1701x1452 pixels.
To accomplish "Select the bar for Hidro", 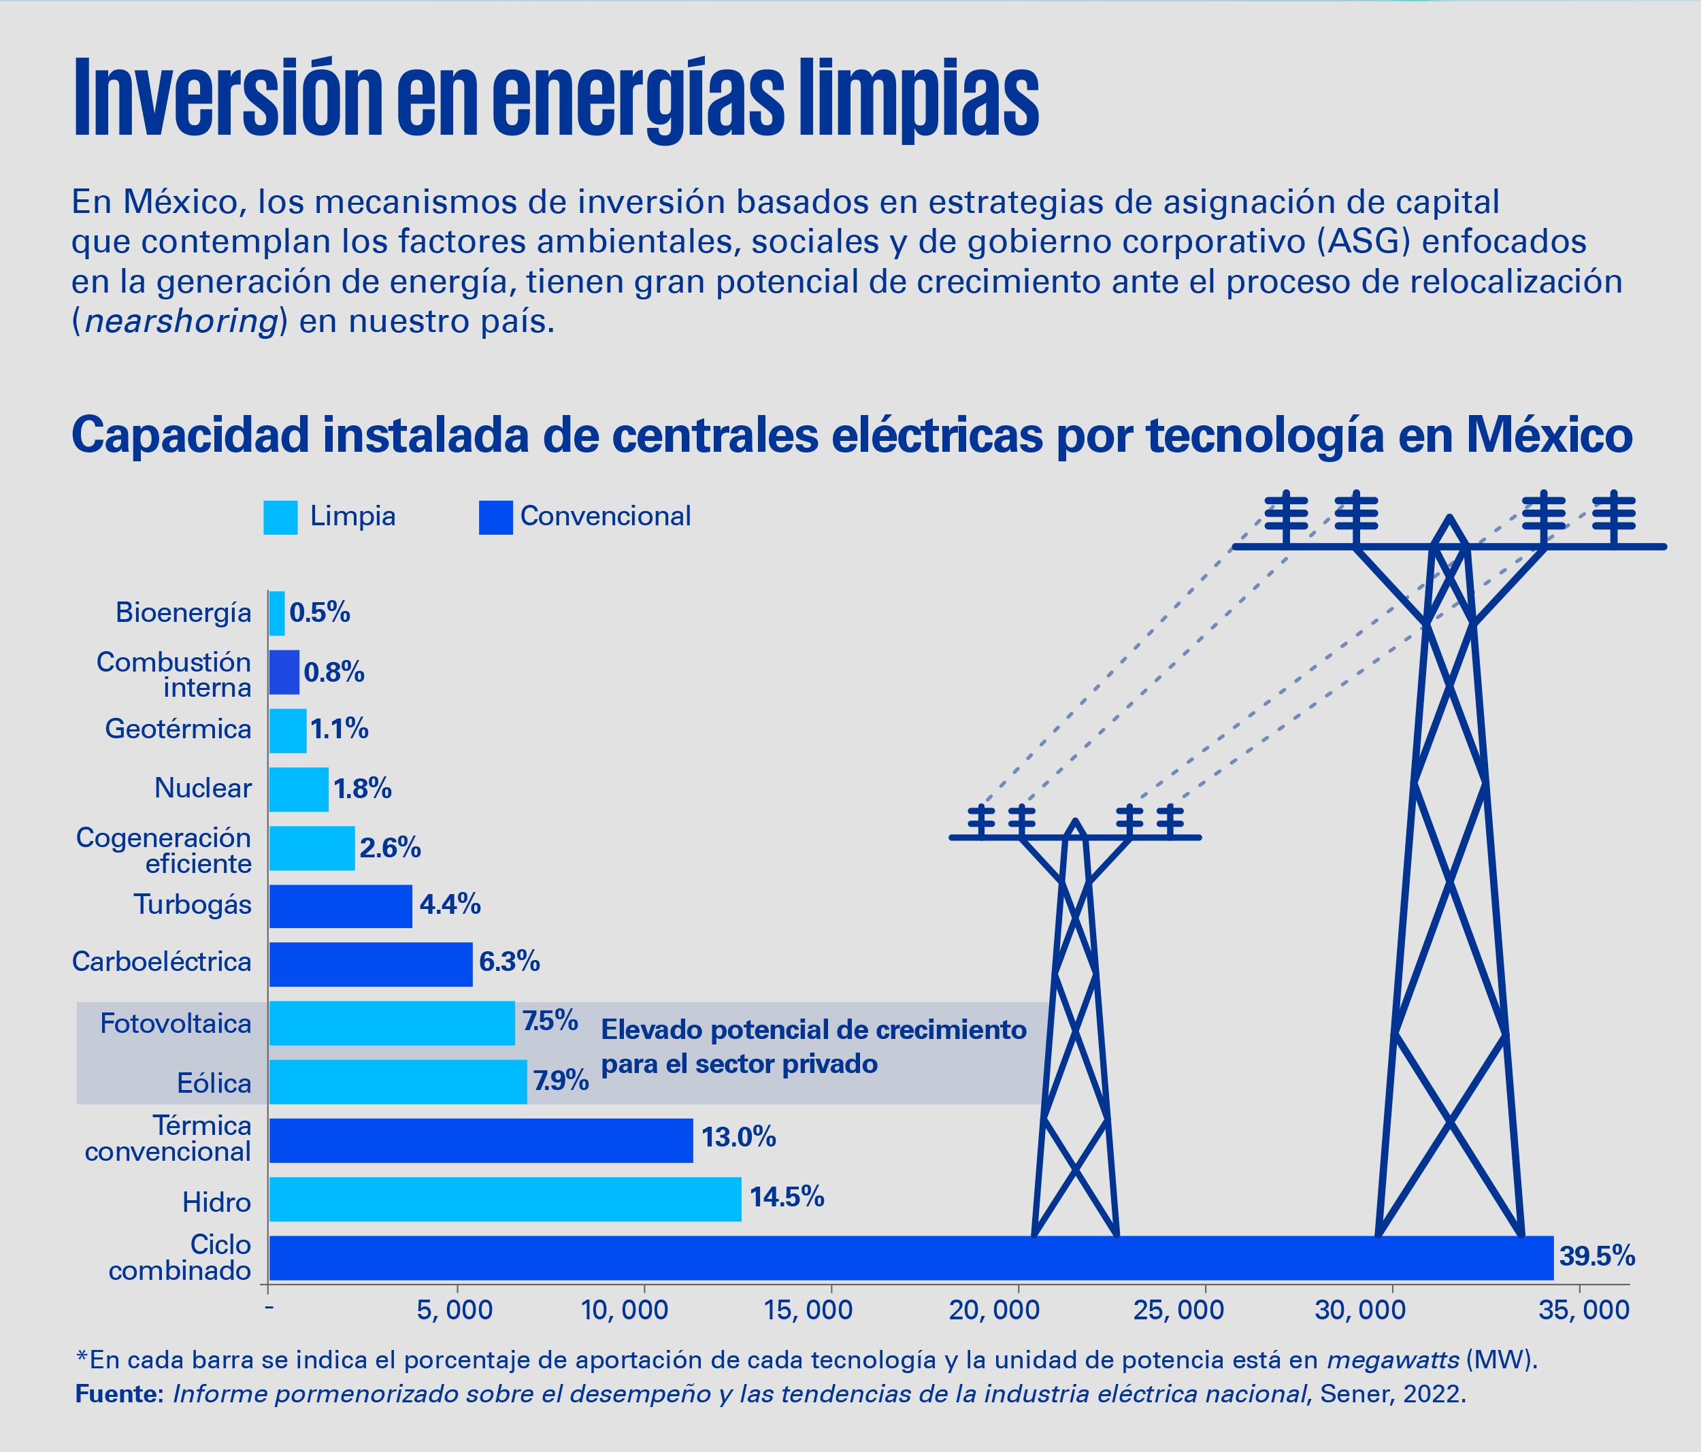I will [505, 1199].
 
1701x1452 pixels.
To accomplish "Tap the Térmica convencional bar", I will [481, 1140].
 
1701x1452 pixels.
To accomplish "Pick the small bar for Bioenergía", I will [277, 613].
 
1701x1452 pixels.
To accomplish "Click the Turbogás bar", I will [341, 906].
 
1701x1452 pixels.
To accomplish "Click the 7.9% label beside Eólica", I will [561, 1081].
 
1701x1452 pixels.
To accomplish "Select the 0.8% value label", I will [334, 673].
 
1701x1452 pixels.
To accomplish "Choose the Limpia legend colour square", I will [280, 517].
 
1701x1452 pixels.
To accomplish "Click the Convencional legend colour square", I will [496, 517].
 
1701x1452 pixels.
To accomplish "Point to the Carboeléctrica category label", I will [162, 961].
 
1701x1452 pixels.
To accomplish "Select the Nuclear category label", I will [203, 789].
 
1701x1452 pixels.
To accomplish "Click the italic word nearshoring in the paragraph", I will [180, 322].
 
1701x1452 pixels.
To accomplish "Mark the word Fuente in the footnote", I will [120, 1395].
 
